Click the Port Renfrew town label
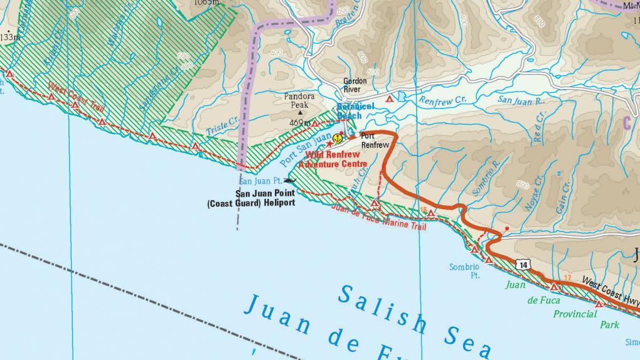[x=375, y=140]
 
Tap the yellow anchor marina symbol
[x=338, y=137]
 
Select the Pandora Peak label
[x=299, y=100]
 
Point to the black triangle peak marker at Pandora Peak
[x=299, y=114]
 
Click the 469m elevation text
[x=301, y=123]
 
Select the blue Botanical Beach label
[x=356, y=111]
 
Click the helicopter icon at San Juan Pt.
[x=289, y=181]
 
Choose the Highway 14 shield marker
[x=523, y=265]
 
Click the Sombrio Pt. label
[x=464, y=270]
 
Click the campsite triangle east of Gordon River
[x=390, y=98]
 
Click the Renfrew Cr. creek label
[x=444, y=100]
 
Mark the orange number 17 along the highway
[x=568, y=277]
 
